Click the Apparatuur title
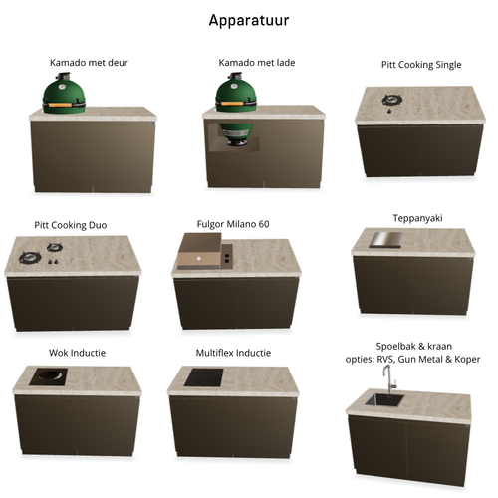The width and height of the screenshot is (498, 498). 249,21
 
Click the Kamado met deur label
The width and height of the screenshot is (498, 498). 89,63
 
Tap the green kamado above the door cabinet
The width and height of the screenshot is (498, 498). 64,94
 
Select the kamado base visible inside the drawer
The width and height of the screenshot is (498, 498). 237,134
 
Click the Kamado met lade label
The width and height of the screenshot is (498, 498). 257,63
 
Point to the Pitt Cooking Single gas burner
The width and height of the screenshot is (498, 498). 391,100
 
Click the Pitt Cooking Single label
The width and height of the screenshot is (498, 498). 421,65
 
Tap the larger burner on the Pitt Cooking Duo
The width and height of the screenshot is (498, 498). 30,258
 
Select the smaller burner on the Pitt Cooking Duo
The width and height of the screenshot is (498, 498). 55,247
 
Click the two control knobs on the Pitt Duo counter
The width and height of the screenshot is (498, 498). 53,262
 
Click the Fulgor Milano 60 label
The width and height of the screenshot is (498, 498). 233,224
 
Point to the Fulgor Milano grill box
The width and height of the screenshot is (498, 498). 199,251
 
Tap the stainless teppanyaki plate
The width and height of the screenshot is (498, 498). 386,240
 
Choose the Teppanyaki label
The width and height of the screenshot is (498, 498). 417,218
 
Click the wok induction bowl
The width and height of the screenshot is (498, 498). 50,375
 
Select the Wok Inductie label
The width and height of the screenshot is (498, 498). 77,353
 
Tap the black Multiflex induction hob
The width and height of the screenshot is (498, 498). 204,377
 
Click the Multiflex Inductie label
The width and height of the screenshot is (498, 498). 233,353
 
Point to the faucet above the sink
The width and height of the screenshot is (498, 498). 389,379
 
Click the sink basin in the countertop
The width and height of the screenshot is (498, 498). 384,400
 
